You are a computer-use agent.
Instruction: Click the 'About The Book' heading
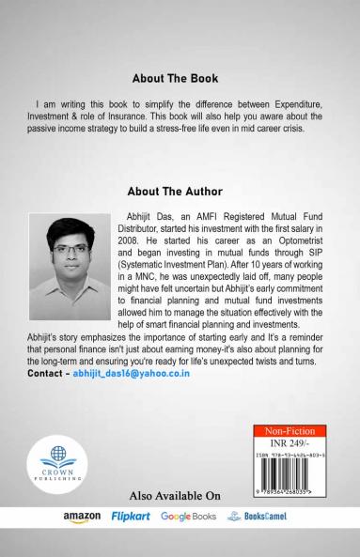coord(180,78)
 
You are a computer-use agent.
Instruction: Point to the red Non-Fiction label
coord(290,431)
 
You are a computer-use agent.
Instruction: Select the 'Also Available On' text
coord(174,495)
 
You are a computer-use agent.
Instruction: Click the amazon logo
coord(82,517)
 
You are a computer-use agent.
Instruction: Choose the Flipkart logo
coord(131,517)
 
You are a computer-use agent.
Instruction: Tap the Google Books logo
coord(188,517)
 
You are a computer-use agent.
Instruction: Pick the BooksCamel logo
coord(258,517)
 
